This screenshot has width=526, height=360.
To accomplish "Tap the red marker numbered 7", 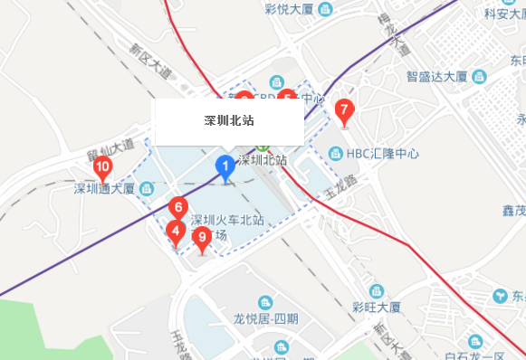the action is (x=344, y=110).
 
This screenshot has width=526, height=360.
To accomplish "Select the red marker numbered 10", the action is (x=102, y=166).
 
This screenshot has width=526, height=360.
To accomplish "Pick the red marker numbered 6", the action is (x=178, y=208).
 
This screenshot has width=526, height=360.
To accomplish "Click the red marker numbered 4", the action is (x=176, y=231).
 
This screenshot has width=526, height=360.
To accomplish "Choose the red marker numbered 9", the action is (x=203, y=238).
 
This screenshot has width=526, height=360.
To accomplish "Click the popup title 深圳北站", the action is (x=228, y=120).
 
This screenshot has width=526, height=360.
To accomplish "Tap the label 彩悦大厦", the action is (x=289, y=9).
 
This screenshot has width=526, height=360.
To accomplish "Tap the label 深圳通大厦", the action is (x=103, y=189).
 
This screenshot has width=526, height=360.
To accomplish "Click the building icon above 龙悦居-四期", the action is (x=265, y=302).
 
